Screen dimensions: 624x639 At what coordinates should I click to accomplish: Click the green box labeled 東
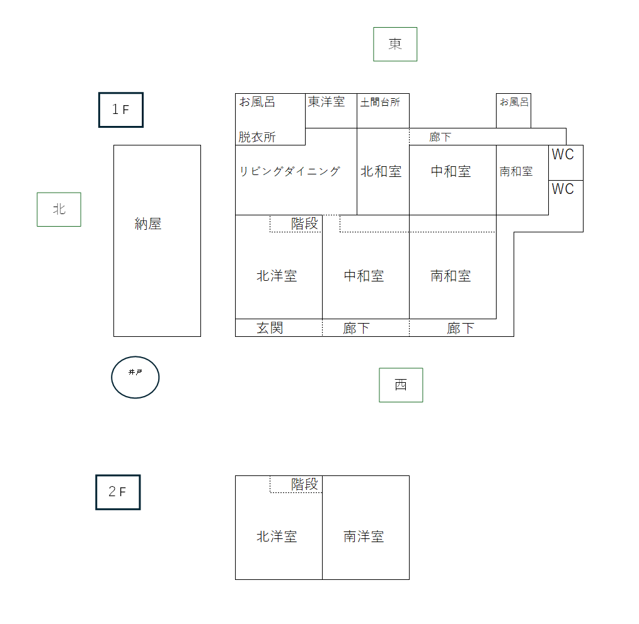pyautogui.click(x=395, y=44)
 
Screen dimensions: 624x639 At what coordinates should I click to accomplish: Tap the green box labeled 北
pyautogui.click(x=59, y=209)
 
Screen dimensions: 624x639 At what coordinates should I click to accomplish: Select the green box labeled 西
pyautogui.click(x=401, y=385)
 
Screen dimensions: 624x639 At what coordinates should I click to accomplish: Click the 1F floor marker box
pyautogui.click(x=120, y=110)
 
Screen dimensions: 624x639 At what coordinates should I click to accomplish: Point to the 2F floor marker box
pyautogui.click(x=118, y=492)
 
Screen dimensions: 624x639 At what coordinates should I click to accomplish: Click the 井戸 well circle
pyautogui.click(x=135, y=377)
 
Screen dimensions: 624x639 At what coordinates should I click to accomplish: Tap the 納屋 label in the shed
pyautogui.click(x=148, y=224)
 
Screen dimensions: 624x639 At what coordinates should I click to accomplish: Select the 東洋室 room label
pyautogui.click(x=326, y=102)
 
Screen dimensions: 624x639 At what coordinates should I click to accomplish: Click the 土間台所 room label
pyautogui.click(x=380, y=102)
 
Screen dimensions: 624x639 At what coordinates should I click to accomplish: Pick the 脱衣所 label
pyautogui.click(x=257, y=137)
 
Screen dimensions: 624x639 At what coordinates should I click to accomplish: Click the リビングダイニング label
pyautogui.click(x=290, y=171)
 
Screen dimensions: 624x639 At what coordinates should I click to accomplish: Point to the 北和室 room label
pyautogui.click(x=381, y=171)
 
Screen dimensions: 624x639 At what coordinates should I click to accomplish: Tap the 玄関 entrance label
pyautogui.click(x=270, y=327)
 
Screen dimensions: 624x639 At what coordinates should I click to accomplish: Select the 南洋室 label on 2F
pyautogui.click(x=364, y=536)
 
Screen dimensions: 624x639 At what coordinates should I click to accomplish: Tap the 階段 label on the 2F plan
pyautogui.click(x=305, y=484)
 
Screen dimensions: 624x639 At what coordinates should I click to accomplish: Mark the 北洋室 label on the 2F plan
pyautogui.click(x=277, y=536)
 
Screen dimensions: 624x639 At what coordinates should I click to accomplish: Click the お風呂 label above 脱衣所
pyautogui.click(x=257, y=102)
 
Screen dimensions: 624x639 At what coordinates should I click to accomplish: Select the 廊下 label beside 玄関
pyautogui.click(x=357, y=328)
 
